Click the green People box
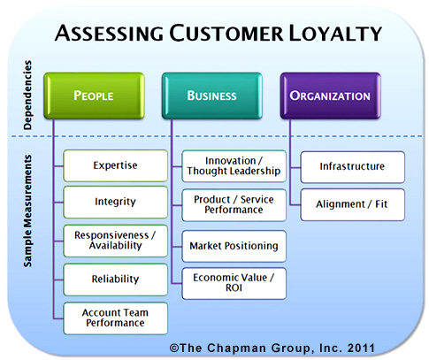(94, 96)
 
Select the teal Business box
(212, 96)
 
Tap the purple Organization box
(331, 96)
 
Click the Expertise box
(115, 165)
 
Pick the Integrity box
(115, 203)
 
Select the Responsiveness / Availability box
(115, 241)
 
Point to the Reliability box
(115, 280)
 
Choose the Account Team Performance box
(115, 318)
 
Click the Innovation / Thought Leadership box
(234, 166)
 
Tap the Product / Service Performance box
(234, 205)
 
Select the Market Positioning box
(234, 246)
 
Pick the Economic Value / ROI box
(234, 283)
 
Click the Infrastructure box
(353, 167)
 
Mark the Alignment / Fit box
(353, 204)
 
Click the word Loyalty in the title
(335, 33)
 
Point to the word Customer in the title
(226, 33)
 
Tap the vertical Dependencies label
(27, 95)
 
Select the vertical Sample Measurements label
(27, 211)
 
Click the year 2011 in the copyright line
(361, 348)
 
